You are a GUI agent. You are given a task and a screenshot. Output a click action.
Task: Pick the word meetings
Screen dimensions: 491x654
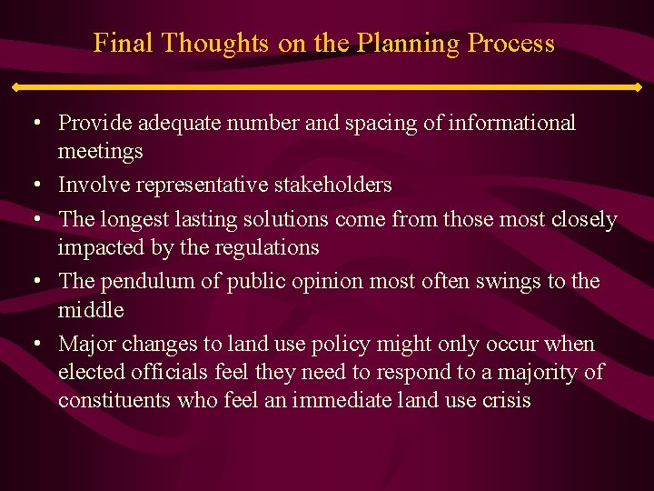tap(100, 151)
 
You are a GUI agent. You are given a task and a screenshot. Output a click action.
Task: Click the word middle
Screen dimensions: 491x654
tap(90, 310)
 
